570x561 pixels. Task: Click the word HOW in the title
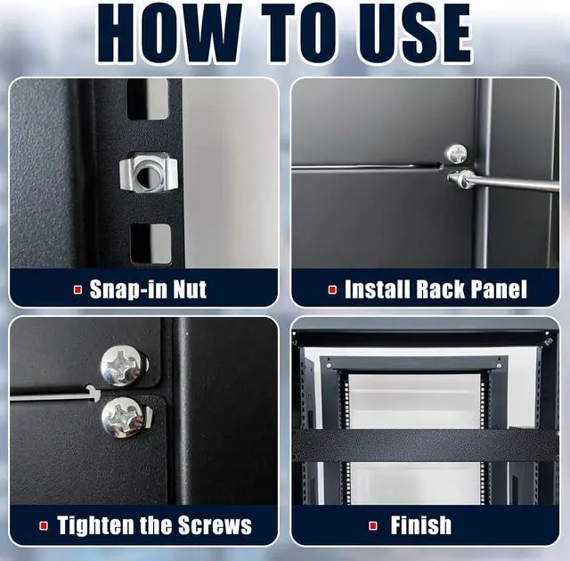click(x=169, y=34)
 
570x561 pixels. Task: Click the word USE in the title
click(x=413, y=34)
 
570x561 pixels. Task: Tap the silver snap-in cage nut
click(x=149, y=171)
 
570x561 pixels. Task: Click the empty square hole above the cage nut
click(x=147, y=100)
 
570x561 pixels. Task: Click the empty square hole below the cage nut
click(x=151, y=244)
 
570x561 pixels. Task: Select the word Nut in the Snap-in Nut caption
click(x=190, y=289)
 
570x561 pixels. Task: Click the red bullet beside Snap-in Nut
click(x=77, y=289)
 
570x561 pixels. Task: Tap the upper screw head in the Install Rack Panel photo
click(x=457, y=154)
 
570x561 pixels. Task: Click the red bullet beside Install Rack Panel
click(x=332, y=289)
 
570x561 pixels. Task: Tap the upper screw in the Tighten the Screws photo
click(x=123, y=366)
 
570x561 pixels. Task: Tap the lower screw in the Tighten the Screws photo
click(x=124, y=417)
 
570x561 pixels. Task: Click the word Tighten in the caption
click(x=96, y=525)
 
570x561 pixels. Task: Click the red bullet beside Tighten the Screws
click(x=44, y=525)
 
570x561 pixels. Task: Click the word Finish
click(x=420, y=525)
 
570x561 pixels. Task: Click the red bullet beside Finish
click(x=373, y=525)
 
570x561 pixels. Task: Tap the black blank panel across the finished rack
click(x=425, y=445)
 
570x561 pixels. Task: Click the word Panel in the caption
click(x=499, y=289)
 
